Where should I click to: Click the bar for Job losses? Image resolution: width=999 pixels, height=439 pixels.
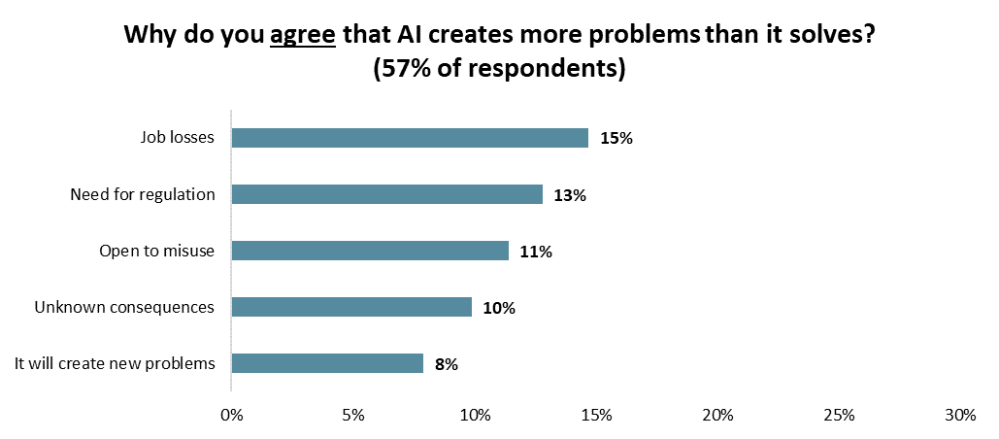click(410, 138)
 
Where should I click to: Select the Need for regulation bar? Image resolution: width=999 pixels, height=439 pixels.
click(387, 194)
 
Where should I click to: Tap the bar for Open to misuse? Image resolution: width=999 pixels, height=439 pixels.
click(370, 251)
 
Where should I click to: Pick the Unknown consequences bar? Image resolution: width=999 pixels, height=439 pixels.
click(351, 307)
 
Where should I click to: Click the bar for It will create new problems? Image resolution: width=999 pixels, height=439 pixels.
click(327, 363)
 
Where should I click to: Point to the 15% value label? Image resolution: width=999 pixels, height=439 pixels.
click(616, 139)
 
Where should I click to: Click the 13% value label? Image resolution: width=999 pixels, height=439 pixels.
click(571, 195)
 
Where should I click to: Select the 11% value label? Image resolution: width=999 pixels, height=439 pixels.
click(536, 252)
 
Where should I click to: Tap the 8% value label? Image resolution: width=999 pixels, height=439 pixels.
click(447, 364)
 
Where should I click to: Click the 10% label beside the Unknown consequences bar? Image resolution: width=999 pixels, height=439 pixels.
click(499, 308)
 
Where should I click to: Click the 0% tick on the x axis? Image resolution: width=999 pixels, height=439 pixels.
click(232, 416)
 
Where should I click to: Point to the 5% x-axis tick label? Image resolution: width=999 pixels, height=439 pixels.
click(353, 416)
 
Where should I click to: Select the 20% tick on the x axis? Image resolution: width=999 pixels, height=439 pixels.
click(717, 416)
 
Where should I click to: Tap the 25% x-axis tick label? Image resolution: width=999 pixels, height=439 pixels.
click(839, 416)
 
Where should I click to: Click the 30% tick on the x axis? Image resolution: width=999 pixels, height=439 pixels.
click(960, 416)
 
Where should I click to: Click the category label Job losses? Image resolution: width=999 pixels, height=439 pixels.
click(178, 138)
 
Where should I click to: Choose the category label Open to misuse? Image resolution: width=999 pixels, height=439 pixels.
click(156, 251)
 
